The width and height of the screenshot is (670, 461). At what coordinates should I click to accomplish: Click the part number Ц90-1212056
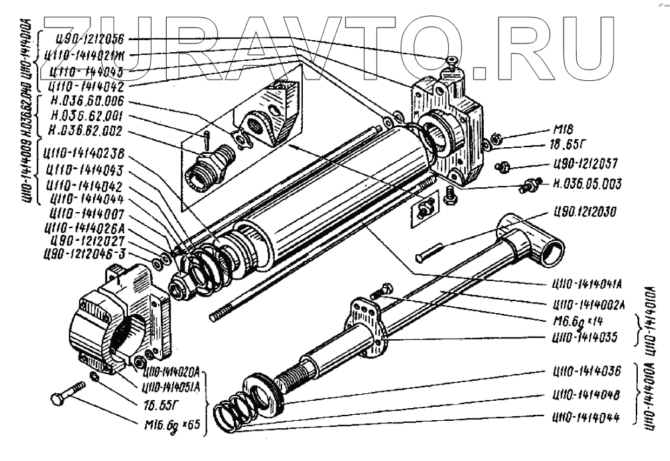point(87,39)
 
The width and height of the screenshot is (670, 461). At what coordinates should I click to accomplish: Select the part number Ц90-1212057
point(585,165)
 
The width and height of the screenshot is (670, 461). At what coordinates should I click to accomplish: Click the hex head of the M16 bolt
point(58,400)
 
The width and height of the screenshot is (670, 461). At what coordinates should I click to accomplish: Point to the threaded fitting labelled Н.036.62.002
point(211,163)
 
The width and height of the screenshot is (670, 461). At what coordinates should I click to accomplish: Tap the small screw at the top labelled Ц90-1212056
point(453,64)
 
